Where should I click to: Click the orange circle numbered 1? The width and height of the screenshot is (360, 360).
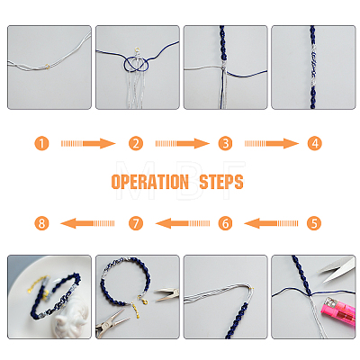pos(41,143)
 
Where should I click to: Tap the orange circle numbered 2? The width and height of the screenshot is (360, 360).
pos(136,143)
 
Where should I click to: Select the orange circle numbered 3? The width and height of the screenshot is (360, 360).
pos(225,143)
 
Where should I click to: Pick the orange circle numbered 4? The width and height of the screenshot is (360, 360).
pos(314,143)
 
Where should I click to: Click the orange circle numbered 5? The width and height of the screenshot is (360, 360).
pos(314,223)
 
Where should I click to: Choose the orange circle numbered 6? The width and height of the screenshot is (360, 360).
pos(225,223)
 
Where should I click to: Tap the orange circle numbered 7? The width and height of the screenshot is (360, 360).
pos(136,223)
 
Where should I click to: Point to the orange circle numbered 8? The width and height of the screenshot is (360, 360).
pos(41,223)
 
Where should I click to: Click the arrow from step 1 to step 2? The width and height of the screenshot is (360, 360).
pos(88,143)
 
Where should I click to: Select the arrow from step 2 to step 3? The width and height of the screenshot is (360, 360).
pos(183,143)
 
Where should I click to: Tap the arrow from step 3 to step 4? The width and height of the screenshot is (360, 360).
pos(272,143)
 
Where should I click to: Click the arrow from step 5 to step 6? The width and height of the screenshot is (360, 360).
pos(271,223)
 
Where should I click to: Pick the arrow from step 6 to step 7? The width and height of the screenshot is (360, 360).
pos(183,223)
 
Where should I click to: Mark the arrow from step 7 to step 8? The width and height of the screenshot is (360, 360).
pos(87,223)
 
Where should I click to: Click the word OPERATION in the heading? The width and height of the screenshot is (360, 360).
pos(150,182)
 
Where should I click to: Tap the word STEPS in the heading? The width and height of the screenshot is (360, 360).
pos(221,182)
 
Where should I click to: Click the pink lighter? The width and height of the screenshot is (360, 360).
pos(338,309)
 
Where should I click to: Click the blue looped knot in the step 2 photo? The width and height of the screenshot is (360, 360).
pos(136,64)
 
